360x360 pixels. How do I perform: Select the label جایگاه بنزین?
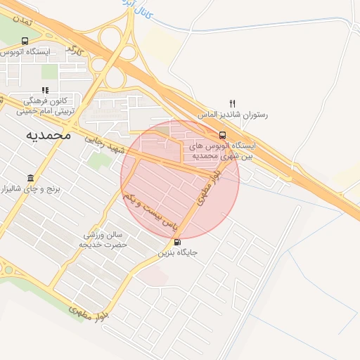coord(178,251)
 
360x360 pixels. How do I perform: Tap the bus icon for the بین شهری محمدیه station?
coord(222,135)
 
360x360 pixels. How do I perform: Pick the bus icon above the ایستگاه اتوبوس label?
coord(25,41)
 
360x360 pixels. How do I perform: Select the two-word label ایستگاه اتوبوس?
coord(25,51)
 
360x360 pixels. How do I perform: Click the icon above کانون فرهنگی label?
coord(45,90)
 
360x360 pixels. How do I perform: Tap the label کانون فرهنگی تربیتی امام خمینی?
coord(45,105)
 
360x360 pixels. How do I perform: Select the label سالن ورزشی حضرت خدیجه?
coord(105,240)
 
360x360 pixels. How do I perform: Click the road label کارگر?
coord(75,51)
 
